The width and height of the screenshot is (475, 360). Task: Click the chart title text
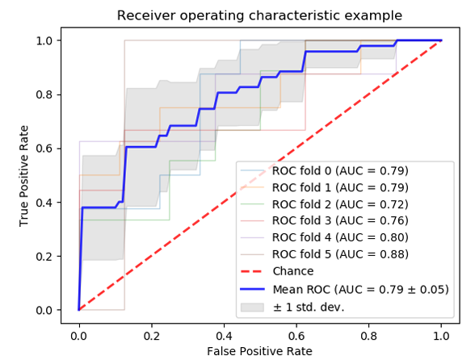[259, 15]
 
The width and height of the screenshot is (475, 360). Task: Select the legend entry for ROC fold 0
[340, 171]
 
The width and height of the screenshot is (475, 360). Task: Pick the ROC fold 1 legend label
[340, 188]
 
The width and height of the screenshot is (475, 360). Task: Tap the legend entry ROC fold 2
[340, 204]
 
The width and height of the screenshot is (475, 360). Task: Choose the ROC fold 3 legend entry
[340, 220]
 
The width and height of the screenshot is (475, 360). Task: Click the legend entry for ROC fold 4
[340, 237]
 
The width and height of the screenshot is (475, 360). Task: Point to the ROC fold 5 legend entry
[340, 254]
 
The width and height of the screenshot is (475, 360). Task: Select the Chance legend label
[293, 271]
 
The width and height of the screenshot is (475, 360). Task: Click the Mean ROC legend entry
[360, 290]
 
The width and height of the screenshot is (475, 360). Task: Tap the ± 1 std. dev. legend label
[309, 308]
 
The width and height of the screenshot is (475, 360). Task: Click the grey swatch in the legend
[252, 308]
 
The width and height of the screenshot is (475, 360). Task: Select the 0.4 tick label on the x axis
[224, 336]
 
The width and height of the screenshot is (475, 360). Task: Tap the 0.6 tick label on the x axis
[296, 336]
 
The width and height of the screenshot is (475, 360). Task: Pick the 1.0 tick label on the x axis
[441, 336]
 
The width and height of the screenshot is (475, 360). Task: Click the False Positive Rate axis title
[259, 351]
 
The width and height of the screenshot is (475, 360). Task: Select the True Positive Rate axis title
[23, 176]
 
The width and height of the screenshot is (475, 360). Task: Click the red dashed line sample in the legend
[252, 271]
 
